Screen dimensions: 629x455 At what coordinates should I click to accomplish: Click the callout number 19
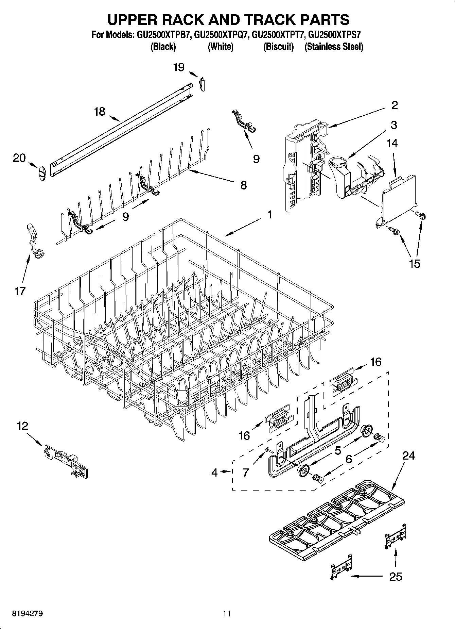click(179, 67)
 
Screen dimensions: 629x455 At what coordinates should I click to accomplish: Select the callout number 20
click(19, 158)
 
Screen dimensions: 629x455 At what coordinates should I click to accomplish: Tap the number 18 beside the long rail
click(99, 112)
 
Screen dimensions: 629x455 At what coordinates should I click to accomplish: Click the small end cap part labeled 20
click(41, 173)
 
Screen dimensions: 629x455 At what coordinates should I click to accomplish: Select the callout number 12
click(22, 426)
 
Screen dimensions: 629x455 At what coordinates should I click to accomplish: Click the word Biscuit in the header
click(278, 47)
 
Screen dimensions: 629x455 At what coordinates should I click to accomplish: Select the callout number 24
click(408, 455)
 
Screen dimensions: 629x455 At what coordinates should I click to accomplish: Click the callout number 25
click(396, 576)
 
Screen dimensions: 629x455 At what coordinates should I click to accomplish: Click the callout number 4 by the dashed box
click(214, 472)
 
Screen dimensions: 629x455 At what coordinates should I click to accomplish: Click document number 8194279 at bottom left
click(28, 614)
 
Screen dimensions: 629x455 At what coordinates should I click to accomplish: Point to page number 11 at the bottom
click(227, 614)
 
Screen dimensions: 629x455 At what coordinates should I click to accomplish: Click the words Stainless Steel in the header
click(334, 47)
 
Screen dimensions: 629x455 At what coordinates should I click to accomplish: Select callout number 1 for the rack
click(269, 214)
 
